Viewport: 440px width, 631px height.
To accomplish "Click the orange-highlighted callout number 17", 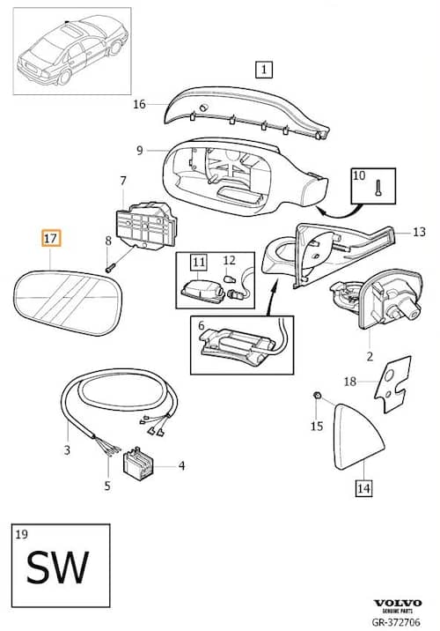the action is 51,238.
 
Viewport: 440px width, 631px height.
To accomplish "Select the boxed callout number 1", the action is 264,70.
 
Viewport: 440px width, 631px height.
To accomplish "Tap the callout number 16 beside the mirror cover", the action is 139,104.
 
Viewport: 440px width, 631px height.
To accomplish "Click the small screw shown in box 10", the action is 378,188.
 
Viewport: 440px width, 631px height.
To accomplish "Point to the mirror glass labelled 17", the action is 68,302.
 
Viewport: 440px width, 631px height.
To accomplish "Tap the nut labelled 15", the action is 316,395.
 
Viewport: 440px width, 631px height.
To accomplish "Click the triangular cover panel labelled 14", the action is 357,436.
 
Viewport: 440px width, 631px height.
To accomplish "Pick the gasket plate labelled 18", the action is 392,384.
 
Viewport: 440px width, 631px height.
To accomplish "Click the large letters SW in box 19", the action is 57,567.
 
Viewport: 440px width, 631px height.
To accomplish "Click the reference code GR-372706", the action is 396,621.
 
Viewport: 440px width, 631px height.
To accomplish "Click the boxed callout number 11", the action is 199,263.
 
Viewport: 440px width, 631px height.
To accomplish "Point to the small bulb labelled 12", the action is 231,278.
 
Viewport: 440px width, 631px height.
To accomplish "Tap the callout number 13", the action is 419,232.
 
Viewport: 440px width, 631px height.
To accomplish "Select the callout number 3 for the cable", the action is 67,449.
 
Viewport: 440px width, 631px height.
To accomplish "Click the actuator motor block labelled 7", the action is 146,226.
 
